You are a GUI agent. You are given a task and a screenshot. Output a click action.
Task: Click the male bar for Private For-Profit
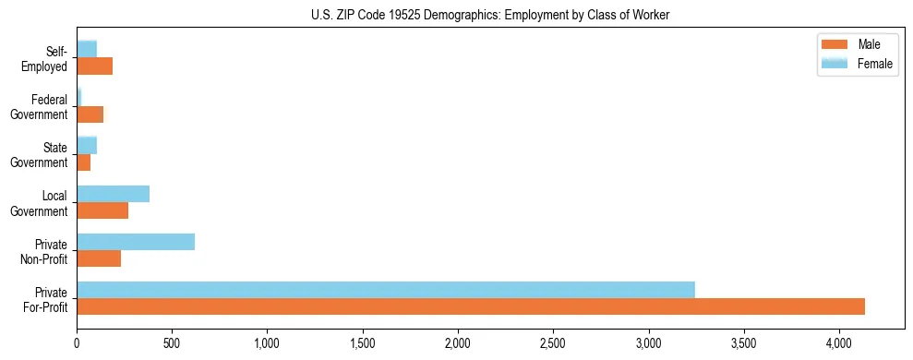pos(471,306)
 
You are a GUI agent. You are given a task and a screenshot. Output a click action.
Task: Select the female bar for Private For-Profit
pos(386,290)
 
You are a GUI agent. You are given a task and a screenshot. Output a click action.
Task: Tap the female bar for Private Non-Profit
pos(136,242)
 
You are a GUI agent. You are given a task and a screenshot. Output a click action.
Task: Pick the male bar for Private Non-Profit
pos(99,258)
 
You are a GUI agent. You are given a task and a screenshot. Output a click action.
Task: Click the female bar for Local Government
pos(113,194)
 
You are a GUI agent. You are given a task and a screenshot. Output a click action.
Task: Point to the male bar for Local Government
pos(102,210)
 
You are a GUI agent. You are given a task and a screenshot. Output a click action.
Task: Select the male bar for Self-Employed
pos(94,66)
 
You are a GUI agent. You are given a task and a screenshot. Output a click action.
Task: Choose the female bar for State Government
pos(87,145)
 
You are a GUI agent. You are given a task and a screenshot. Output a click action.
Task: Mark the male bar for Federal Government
pos(90,114)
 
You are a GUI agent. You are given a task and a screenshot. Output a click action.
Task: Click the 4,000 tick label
pos(838,343)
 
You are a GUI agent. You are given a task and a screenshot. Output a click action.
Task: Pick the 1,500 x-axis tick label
pos(362,343)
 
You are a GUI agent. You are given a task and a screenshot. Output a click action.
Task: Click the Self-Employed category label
pos(49,59)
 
